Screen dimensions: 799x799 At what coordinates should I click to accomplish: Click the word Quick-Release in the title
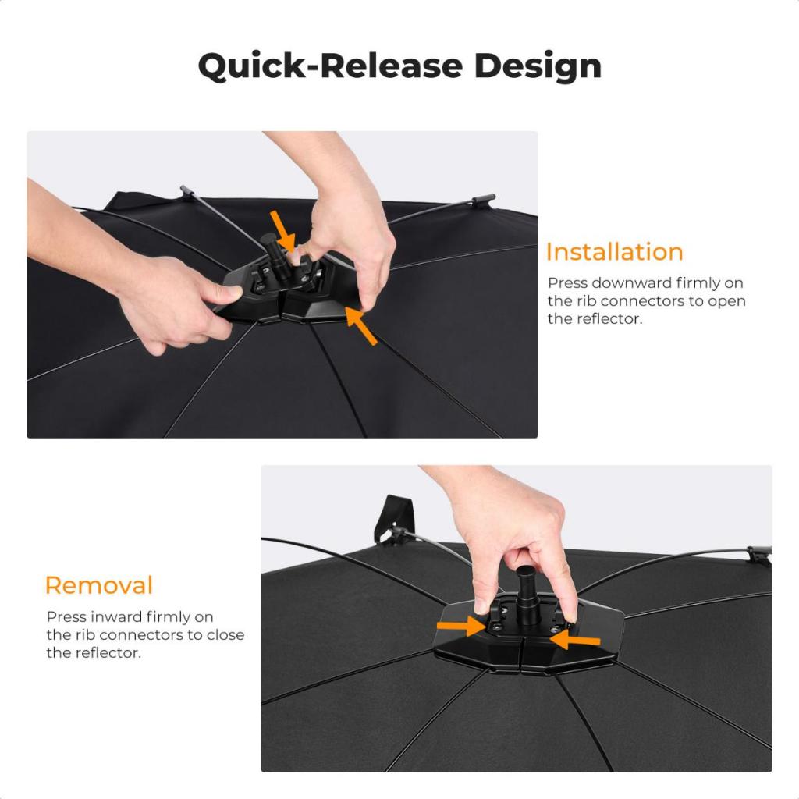(x=330, y=66)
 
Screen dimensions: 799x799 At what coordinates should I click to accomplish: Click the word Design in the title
(x=538, y=66)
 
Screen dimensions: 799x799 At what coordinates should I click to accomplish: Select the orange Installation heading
(x=615, y=252)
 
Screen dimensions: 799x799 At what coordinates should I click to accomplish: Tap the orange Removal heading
(x=99, y=585)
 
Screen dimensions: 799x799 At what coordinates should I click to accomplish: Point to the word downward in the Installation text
(x=630, y=282)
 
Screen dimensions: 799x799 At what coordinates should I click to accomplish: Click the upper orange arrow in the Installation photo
(x=282, y=230)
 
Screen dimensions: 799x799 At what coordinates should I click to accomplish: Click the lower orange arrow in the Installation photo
(x=361, y=325)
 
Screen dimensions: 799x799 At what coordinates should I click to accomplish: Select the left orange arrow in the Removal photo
(x=461, y=627)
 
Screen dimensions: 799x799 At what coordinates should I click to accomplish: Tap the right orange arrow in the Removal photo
(x=575, y=640)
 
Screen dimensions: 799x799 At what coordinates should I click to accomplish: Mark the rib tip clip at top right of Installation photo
(x=482, y=201)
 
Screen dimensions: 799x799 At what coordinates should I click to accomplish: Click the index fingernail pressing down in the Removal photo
(x=480, y=606)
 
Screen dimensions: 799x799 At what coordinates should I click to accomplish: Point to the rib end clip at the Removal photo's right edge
(x=760, y=556)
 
